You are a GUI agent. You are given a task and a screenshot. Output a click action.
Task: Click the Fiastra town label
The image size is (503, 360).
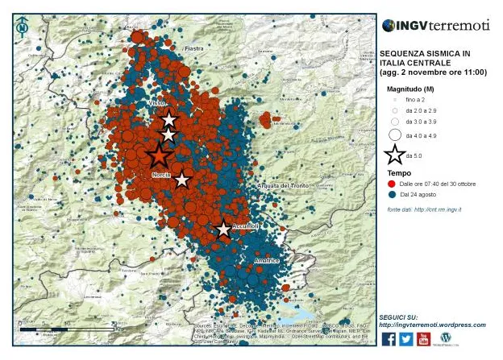click(193, 49)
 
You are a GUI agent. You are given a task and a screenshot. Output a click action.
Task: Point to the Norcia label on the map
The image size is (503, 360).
click(160, 174)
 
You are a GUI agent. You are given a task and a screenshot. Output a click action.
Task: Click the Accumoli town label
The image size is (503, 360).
click(244, 226)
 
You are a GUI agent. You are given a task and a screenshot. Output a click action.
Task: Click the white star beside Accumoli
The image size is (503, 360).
click(223, 230)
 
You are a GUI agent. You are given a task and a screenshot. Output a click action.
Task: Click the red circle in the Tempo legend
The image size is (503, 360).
click(391, 184)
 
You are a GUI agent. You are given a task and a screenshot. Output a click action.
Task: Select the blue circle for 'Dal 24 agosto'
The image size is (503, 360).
click(391, 195)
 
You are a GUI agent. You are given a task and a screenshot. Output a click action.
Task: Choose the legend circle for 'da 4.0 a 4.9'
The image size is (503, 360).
click(395, 135)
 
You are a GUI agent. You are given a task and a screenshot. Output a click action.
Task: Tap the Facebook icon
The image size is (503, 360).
click(389, 339)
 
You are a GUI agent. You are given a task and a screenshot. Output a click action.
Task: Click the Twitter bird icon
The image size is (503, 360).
click(406, 339)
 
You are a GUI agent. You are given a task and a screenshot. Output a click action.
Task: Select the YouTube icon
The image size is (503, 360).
click(424, 339)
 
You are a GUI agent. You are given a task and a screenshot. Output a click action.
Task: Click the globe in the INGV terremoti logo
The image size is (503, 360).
click(389, 26)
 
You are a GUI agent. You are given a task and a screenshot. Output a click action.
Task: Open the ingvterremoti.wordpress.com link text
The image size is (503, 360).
click(432, 325)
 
